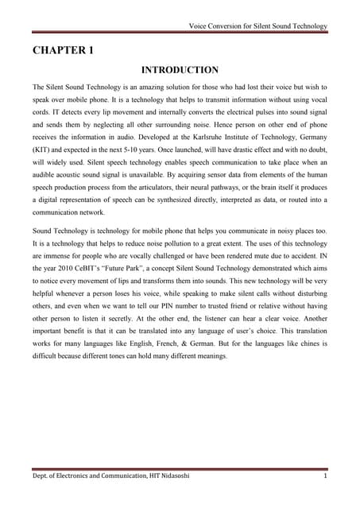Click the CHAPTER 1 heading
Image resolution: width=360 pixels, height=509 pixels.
(x=63, y=51)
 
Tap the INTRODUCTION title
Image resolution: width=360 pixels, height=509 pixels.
(x=180, y=70)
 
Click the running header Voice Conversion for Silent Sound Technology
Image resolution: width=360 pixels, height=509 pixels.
(x=257, y=26)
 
